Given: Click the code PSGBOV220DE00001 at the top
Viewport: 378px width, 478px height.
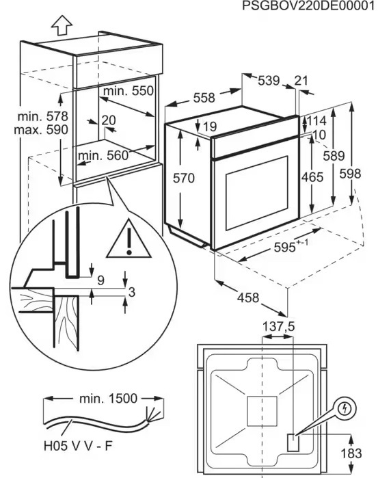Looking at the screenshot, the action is [x=308, y=6].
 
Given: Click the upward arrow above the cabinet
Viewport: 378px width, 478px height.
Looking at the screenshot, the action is [x=62, y=25].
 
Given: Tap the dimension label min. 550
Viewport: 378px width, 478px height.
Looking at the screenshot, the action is [x=129, y=91].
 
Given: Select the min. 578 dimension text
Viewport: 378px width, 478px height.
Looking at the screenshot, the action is [x=42, y=116].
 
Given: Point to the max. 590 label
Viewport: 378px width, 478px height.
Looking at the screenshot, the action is [x=41, y=130].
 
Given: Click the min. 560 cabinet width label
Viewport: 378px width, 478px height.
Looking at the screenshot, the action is [x=104, y=156].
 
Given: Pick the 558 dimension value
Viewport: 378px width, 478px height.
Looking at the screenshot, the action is [x=204, y=98].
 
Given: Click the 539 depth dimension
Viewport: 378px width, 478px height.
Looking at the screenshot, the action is [x=269, y=81].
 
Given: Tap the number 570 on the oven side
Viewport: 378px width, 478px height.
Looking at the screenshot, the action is [x=183, y=178].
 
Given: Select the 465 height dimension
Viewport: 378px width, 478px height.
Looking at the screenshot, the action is [x=312, y=177].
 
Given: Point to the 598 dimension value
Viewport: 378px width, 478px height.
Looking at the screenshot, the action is [x=350, y=174].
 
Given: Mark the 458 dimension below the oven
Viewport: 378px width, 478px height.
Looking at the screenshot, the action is [x=248, y=297].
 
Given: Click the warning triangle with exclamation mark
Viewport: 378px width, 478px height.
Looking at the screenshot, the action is [x=129, y=239].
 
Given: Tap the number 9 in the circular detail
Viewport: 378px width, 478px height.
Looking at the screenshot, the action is [x=100, y=280].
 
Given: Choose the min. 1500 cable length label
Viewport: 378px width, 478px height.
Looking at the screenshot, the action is [x=109, y=399].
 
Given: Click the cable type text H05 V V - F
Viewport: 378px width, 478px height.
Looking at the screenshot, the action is [x=78, y=447].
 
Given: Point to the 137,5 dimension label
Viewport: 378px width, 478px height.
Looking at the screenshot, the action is [x=279, y=327].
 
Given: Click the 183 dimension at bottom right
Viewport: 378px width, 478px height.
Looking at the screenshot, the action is [x=351, y=453].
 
